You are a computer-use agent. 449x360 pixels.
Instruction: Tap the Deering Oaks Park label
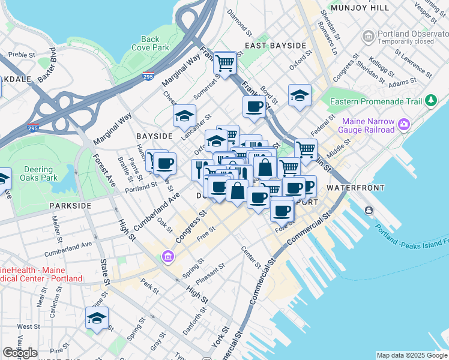click(x=39, y=174)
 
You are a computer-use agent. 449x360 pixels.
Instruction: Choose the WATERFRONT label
click(x=354, y=188)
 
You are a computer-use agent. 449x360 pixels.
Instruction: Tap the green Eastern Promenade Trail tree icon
click(x=430, y=101)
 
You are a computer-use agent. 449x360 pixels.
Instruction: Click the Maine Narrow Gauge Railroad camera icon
click(x=404, y=124)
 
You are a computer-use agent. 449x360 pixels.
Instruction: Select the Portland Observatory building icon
click(x=367, y=37)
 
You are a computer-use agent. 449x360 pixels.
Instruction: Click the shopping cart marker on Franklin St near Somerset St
click(x=224, y=62)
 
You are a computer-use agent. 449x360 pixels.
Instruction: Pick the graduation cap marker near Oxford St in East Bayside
click(x=299, y=95)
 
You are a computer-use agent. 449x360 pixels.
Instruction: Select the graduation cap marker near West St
click(x=96, y=319)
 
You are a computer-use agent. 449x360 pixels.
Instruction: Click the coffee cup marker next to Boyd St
click(x=254, y=107)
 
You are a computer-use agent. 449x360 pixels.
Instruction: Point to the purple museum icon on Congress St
click(x=167, y=257)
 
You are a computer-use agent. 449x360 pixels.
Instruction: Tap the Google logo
click(x=20, y=353)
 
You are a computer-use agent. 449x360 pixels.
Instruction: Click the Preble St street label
click(x=19, y=54)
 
